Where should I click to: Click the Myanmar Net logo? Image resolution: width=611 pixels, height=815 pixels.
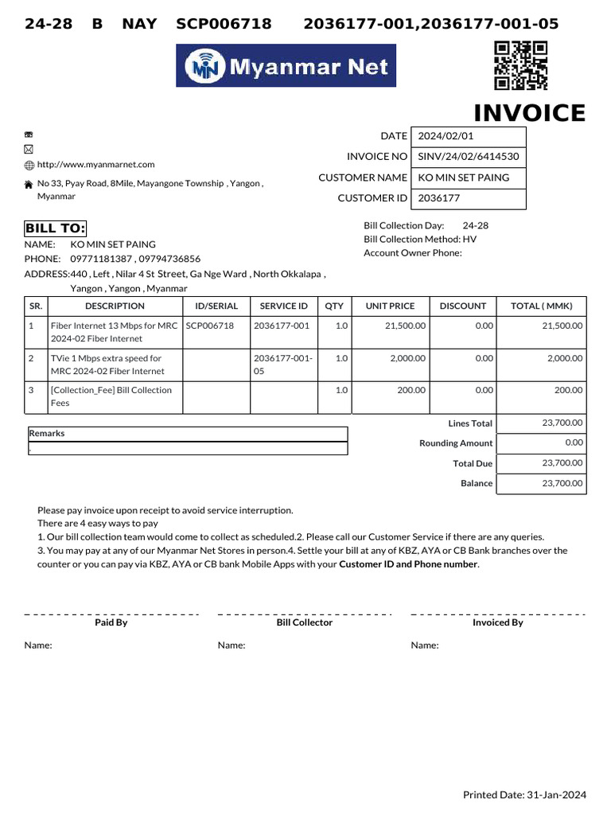pos(286,66)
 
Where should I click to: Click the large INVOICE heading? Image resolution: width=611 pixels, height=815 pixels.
pos(530,114)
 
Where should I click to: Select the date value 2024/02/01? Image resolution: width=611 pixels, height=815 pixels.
pos(446,136)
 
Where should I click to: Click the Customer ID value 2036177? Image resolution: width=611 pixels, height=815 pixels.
pos(439,198)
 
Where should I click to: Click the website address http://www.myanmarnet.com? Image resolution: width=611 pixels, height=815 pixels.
pos(95,165)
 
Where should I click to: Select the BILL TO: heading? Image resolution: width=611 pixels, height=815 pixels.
pos(55,229)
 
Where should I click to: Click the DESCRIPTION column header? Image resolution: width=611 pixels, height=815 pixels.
pos(115,306)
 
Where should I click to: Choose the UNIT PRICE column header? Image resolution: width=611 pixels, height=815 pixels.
pos(390,306)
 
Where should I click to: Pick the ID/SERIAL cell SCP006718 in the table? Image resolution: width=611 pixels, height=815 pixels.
pos(210,326)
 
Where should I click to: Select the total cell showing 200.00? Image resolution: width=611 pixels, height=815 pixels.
pos(568,390)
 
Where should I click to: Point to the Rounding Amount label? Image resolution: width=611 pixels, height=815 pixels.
pos(456,443)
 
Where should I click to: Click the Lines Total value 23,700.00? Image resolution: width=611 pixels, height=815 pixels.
pos(562,423)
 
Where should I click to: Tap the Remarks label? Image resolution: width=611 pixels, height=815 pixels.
pos(47,434)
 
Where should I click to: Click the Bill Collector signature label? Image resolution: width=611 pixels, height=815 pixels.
pos(304,622)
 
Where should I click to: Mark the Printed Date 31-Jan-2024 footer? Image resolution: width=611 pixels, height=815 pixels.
pos(524,794)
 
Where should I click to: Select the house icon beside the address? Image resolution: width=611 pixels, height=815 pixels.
pos(29,184)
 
